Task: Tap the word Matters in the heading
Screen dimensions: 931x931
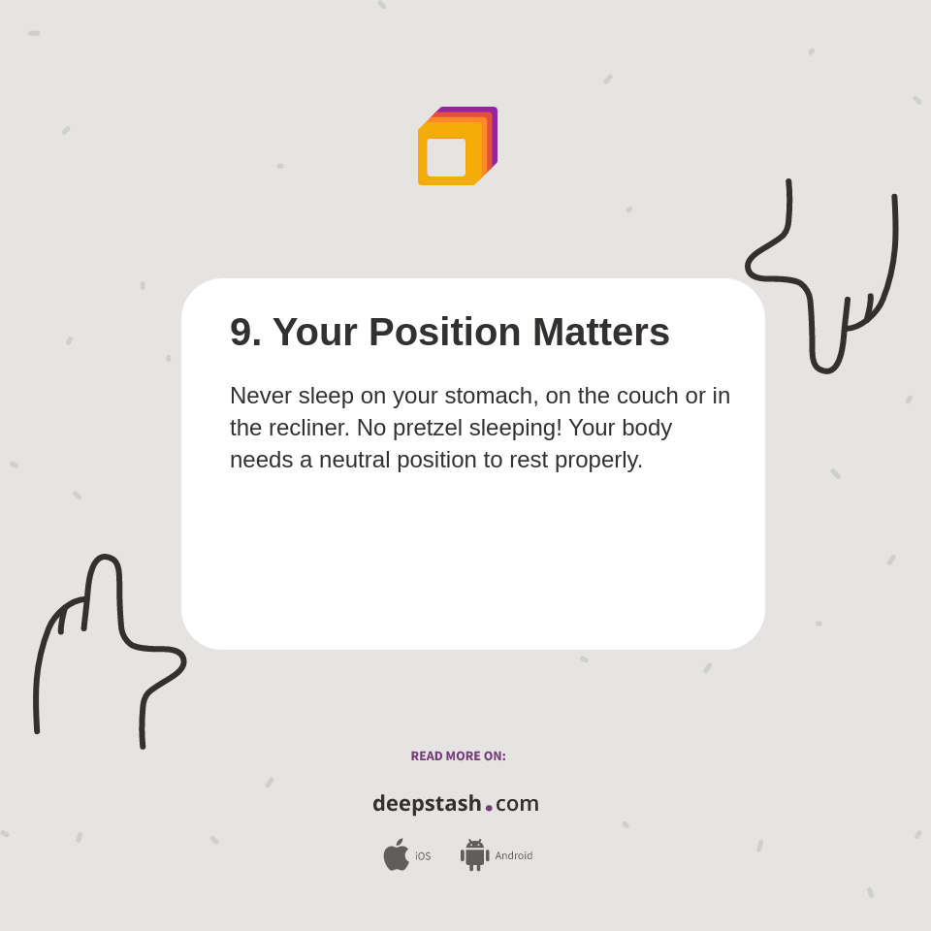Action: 601,333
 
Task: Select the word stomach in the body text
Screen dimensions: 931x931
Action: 495,396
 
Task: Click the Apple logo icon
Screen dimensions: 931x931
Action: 396,854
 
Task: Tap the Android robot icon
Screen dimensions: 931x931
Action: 475,855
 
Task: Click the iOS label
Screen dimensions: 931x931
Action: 423,856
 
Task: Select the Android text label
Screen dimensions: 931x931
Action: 514,855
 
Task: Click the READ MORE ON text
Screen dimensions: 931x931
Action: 458,756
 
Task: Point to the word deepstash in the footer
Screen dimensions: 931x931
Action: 427,804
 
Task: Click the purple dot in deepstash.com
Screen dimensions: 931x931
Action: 489,808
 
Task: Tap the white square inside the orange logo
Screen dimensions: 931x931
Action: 446,157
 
